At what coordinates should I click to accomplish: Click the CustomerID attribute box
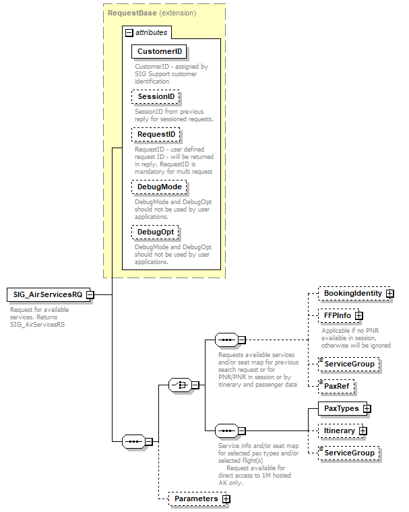click(x=159, y=52)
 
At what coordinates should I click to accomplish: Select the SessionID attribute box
click(x=156, y=97)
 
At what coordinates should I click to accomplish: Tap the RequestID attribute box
click(x=156, y=135)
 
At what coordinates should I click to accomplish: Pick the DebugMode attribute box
click(x=159, y=187)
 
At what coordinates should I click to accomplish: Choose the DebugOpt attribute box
click(x=156, y=232)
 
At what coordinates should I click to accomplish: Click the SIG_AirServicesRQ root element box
click(x=45, y=294)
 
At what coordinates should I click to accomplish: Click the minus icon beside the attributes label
click(x=128, y=32)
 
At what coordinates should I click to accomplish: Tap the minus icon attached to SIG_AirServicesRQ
click(x=90, y=294)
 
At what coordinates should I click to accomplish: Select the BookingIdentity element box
click(x=352, y=294)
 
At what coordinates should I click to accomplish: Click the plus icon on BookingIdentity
click(x=390, y=294)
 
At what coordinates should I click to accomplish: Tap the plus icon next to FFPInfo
click(x=359, y=315)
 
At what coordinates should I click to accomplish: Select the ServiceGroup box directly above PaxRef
click(x=348, y=364)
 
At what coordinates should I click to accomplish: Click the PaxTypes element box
click(x=341, y=408)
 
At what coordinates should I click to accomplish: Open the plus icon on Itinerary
click(x=363, y=430)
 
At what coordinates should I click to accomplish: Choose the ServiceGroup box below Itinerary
click(x=348, y=453)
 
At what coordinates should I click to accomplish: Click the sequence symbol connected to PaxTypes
click(x=225, y=430)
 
